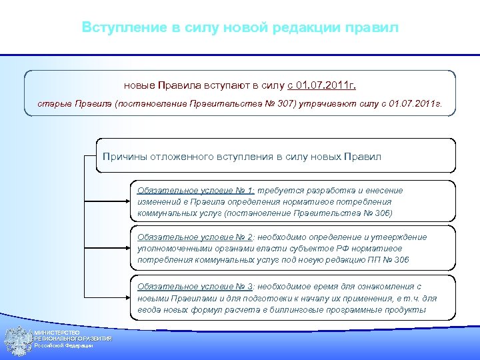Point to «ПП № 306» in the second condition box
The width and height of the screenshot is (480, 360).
click(x=389, y=260)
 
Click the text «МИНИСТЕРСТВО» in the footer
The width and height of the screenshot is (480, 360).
click(x=57, y=333)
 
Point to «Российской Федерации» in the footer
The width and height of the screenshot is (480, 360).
click(x=64, y=345)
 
